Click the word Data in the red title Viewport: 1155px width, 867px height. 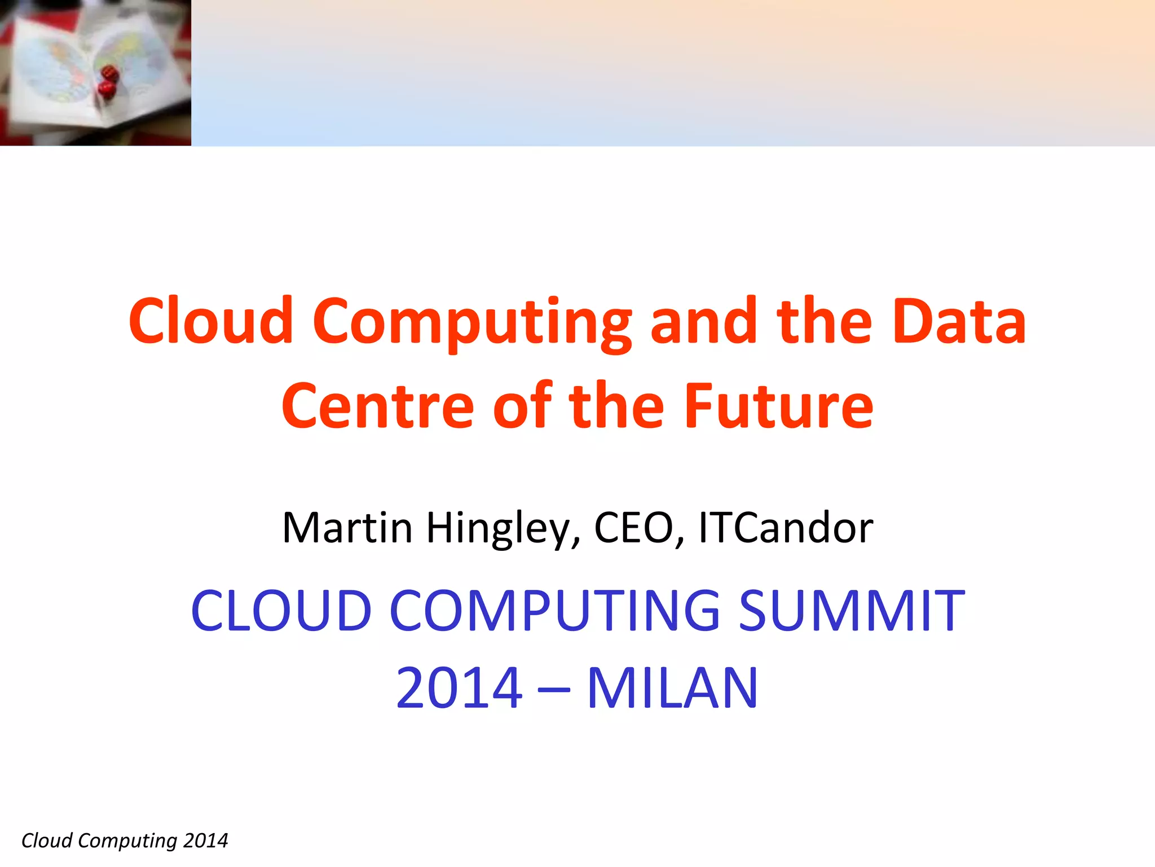pos(959,322)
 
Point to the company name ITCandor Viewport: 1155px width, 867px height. pos(786,528)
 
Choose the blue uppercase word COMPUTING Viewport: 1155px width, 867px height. pos(555,611)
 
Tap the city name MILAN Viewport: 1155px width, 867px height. pos(673,688)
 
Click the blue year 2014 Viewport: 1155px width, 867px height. pos(460,688)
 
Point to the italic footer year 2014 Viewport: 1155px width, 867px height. pos(205,840)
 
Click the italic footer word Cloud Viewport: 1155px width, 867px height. pos(47,840)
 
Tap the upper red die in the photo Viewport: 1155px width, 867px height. pos(109,73)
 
